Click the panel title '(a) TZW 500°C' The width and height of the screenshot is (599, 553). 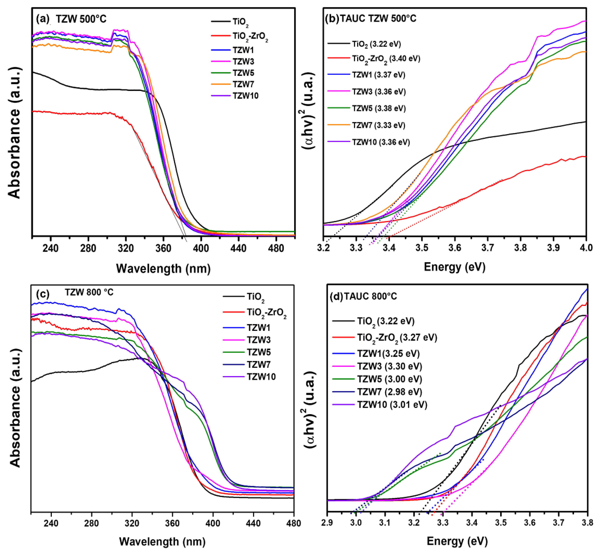pos(71,19)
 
